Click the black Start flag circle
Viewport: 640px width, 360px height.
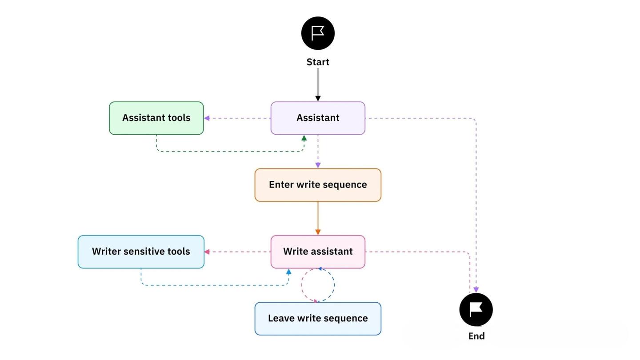pyautogui.click(x=318, y=33)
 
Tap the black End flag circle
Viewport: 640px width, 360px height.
pyautogui.click(x=476, y=309)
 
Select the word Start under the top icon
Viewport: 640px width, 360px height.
pyautogui.click(x=318, y=62)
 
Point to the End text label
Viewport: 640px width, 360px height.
pyautogui.click(x=476, y=336)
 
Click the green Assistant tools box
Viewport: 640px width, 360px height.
pyautogui.click(x=156, y=118)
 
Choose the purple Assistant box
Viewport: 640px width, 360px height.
pyautogui.click(x=318, y=118)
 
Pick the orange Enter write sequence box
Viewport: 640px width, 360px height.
pyautogui.click(x=318, y=185)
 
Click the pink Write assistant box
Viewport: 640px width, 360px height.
pyautogui.click(x=318, y=252)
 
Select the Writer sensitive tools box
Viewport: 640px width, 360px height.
pyautogui.click(x=141, y=252)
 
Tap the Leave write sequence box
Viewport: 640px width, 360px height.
pyautogui.click(x=318, y=318)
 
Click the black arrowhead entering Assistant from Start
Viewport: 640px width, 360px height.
pyautogui.click(x=318, y=98)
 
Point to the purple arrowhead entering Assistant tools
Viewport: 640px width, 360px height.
pyautogui.click(x=207, y=118)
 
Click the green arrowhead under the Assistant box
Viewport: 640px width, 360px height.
pyautogui.click(x=304, y=138)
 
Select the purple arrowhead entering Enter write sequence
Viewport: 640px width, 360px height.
pyautogui.click(x=318, y=165)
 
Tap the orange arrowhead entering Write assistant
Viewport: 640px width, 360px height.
pyautogui.click(x=318, y=232)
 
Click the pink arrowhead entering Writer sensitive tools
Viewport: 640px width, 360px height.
pyautogui.click(x=207, y=252)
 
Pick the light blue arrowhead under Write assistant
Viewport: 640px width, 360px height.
pyautogui.click(x=289, y=272)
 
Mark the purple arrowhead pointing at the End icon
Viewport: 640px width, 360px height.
pyautogui.click(x=476, y=290)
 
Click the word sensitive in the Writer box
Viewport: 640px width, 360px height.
pyautogui.click(x=144, y=252)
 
